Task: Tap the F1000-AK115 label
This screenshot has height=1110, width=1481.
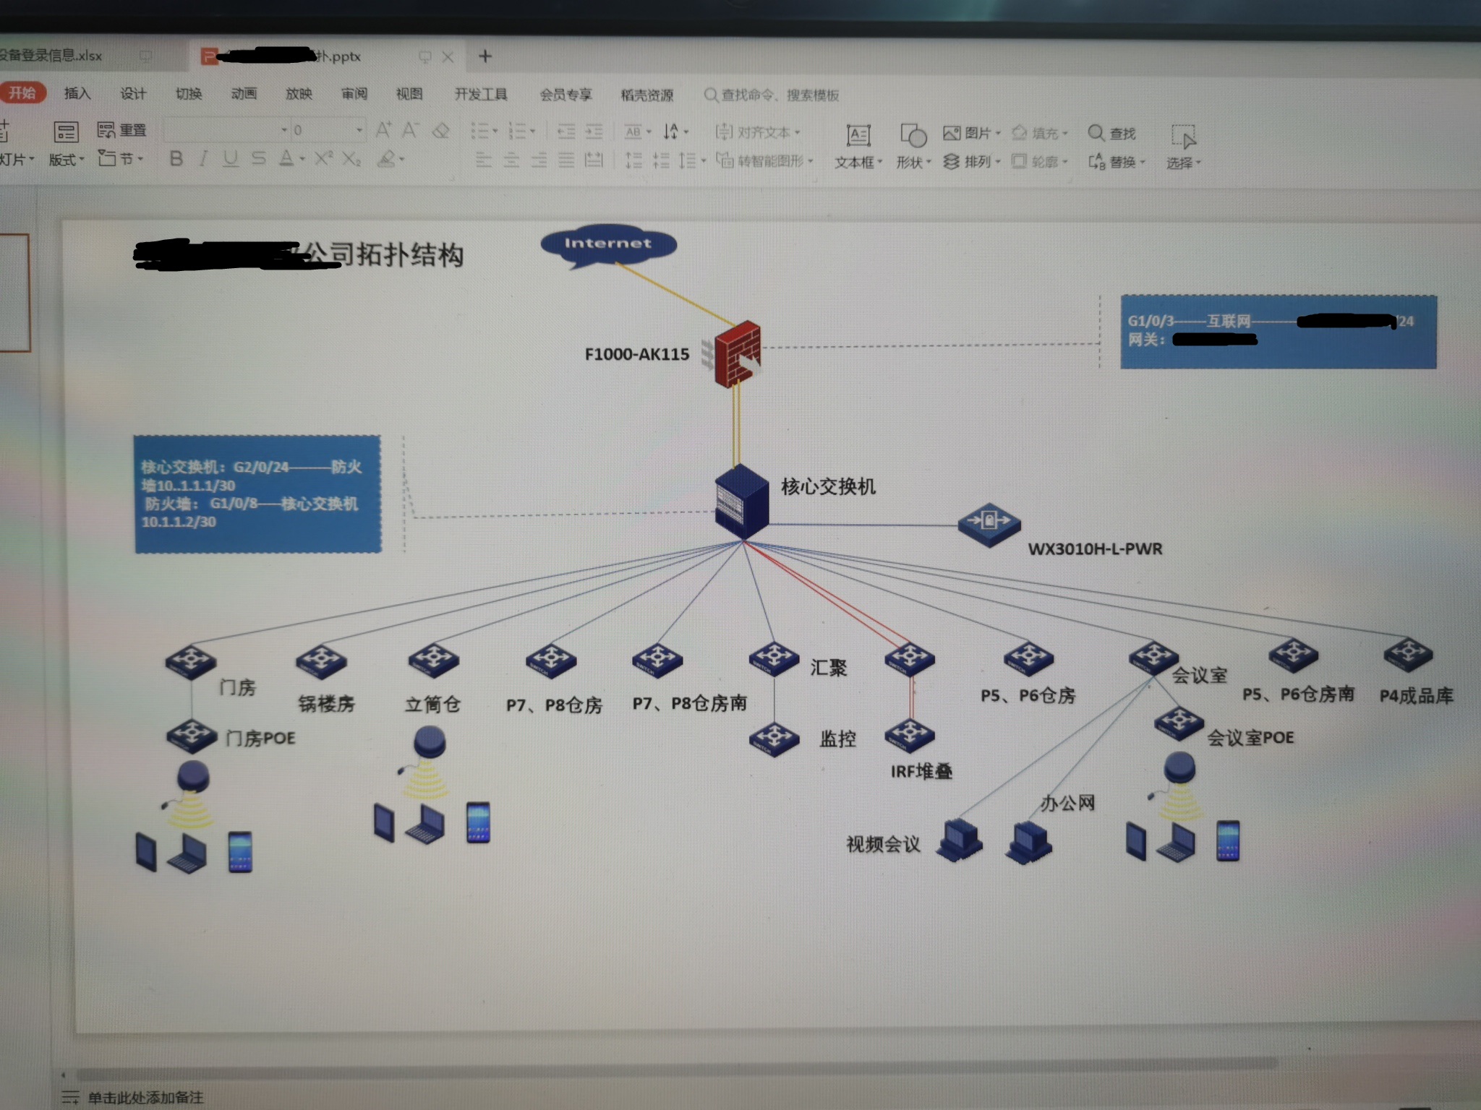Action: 636,354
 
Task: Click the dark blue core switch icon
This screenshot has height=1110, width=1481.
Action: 741,501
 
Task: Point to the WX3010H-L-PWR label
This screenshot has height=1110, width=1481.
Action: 1095,548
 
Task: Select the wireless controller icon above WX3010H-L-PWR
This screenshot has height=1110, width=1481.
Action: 989,522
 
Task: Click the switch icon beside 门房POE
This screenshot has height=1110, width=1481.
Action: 192,736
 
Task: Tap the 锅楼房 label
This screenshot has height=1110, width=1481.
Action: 326,703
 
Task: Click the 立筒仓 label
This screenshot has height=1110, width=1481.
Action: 432,704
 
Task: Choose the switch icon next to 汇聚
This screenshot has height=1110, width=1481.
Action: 774,658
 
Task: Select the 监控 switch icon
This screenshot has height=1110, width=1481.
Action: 774,738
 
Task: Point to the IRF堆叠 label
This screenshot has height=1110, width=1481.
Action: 921,771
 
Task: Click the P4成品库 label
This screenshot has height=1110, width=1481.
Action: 1416,695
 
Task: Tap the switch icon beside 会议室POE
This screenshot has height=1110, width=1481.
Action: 1179,723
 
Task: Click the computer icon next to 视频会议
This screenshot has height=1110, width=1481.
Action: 959,840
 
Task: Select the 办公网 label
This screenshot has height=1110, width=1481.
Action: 1067,802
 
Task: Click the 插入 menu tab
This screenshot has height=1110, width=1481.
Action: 77,93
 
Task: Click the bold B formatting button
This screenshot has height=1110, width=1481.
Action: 176,158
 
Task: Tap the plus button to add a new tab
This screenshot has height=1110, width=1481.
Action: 485,56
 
